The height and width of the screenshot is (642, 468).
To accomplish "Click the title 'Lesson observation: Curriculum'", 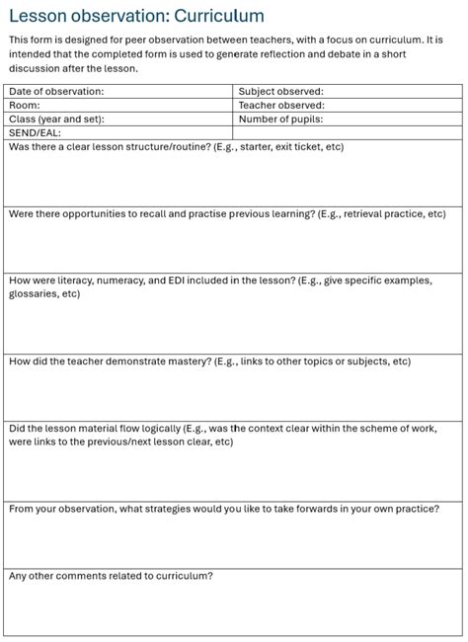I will (x=136, y=15).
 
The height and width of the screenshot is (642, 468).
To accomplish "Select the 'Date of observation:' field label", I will (x=56, y=92).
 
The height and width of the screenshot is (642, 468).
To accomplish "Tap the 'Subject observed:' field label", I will (x=280, y=92).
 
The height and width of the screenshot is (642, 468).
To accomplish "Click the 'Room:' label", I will (x=25, y=105).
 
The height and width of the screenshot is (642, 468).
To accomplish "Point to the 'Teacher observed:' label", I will (x=280, y=105).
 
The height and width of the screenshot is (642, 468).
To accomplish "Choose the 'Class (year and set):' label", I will (x=56, y=119).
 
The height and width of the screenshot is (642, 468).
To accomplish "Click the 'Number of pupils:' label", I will (x=281, y=119).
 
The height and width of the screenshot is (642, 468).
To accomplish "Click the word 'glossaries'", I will (x=35, y=293).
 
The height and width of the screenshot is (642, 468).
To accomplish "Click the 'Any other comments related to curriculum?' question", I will (x=111, y=576).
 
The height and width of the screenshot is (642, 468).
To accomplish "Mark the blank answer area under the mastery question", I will (x=233, y=395).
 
